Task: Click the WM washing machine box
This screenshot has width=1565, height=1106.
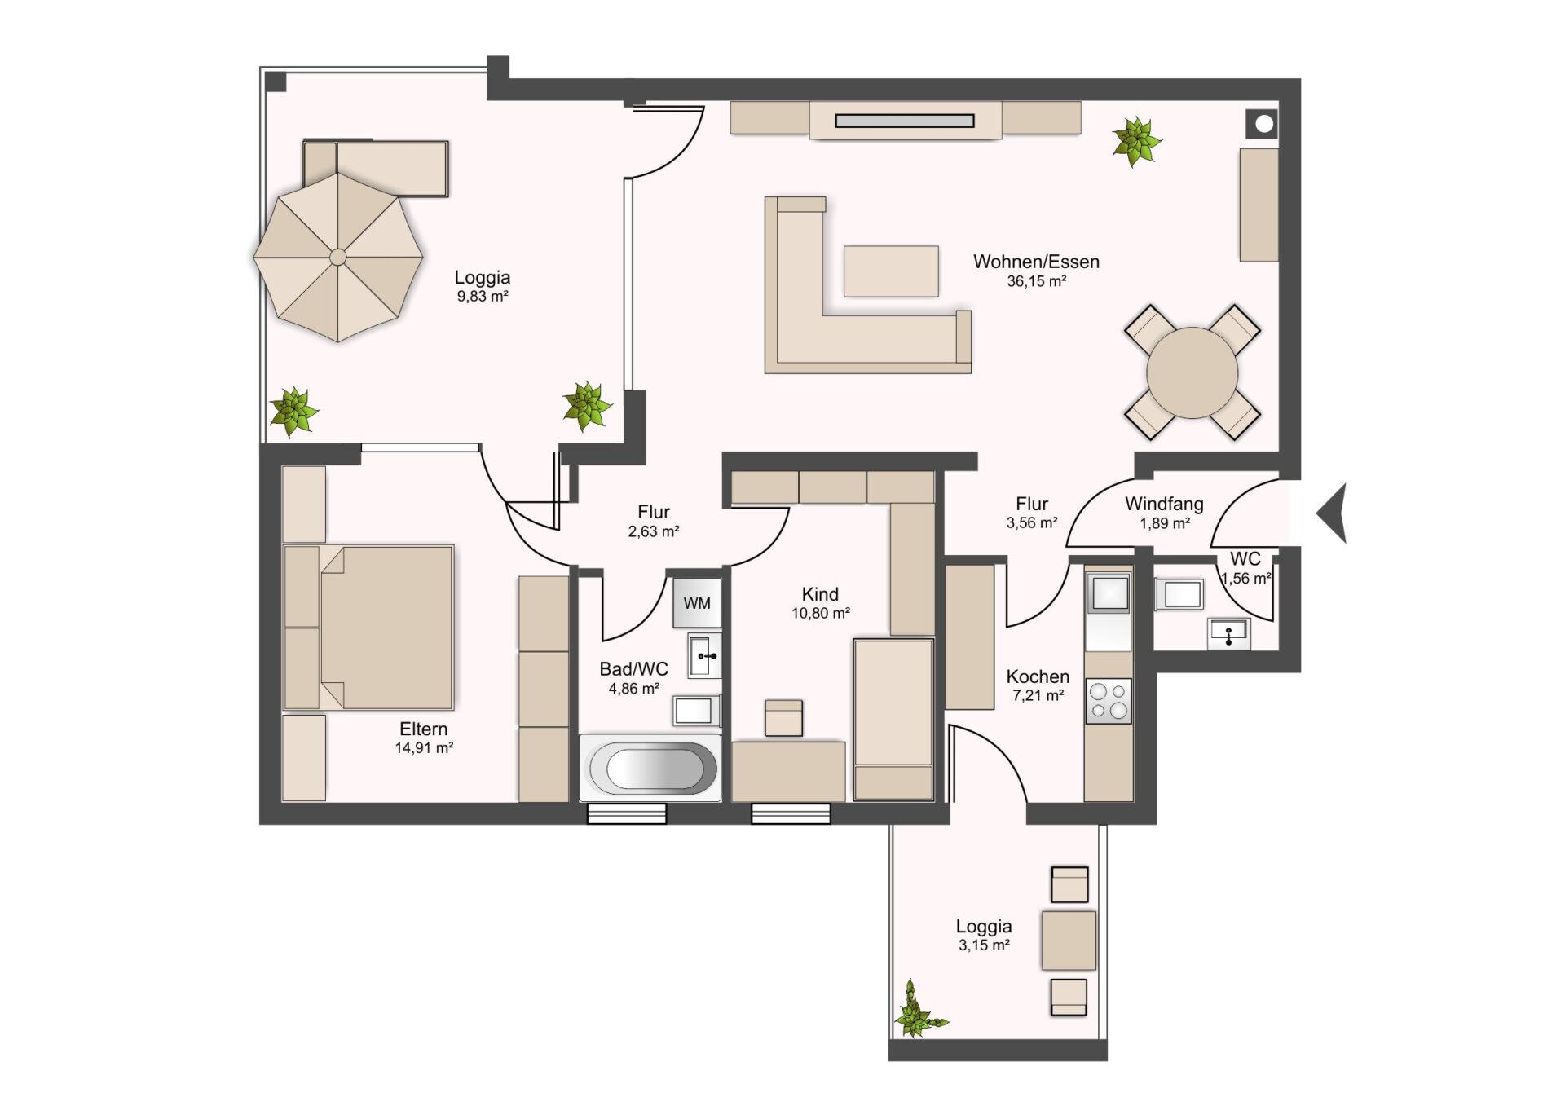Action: click(x=697, y=602)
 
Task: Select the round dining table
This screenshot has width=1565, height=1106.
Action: click(x=1192, y=372)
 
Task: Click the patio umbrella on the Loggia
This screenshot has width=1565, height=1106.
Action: click(x=338, y=258)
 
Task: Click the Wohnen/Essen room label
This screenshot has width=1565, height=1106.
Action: click(x=1036, y=262)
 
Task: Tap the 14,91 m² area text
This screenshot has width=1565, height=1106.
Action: click(x=424, y=748)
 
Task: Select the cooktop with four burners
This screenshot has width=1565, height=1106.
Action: click(x=1109, y=701)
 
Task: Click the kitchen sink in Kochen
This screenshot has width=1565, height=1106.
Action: click(x=1109, y=593)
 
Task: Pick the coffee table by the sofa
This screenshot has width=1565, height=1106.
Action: click(x=891, y=271)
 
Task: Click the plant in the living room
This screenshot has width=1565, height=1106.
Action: click(x=1136, y=141)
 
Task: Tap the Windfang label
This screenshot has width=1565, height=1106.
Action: click(x=1164, y=505)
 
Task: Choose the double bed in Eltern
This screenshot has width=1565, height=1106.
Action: click(x=368, y=628)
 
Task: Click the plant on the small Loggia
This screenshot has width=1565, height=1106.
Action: click(x=918, y=1012)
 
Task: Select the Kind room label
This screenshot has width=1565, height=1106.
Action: click(x=820, y=594)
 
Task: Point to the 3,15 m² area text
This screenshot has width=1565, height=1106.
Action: click(x=984, y=945)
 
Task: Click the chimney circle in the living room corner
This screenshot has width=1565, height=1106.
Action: click(x=1264, y=124)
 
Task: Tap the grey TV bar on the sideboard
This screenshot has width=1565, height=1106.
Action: click(x=905, y=121)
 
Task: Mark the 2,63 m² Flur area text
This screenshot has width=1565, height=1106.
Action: click(x=654, y=531)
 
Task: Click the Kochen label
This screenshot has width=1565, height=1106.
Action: click(x=1038, y=676)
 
